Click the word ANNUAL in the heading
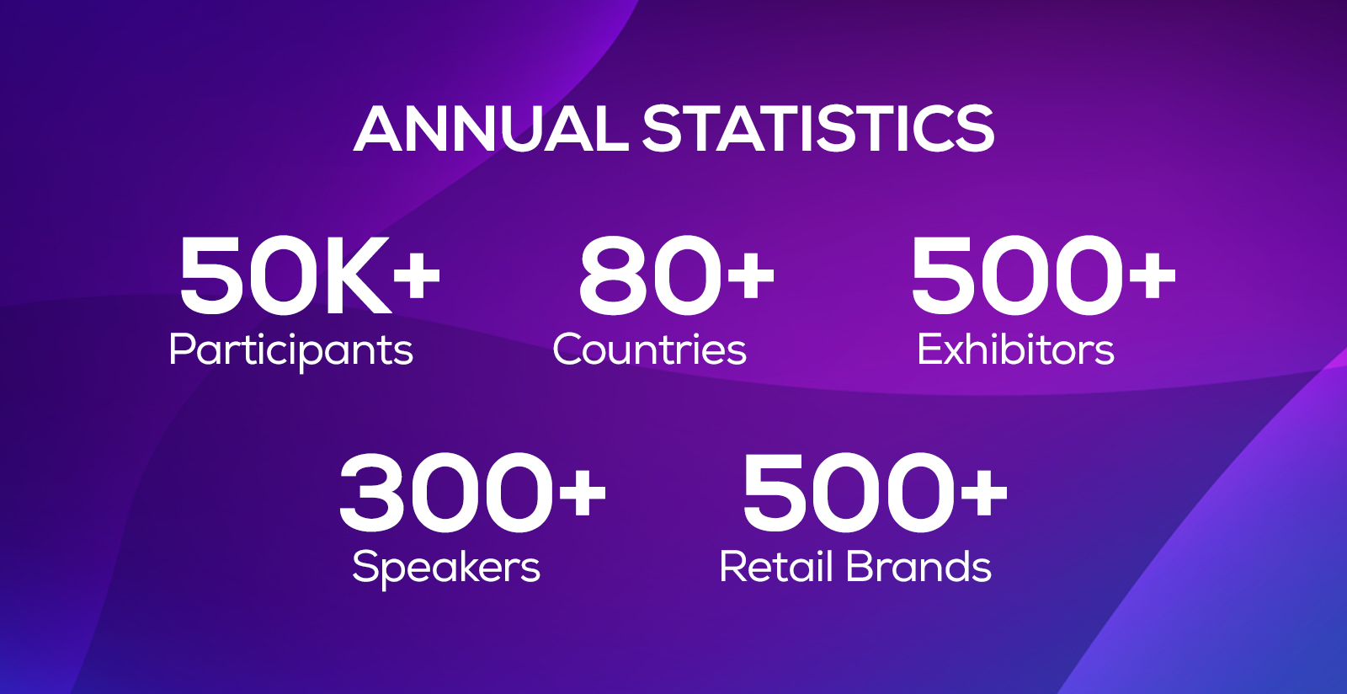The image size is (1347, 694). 491,129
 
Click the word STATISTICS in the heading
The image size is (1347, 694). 818,129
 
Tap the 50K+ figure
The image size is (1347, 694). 311,275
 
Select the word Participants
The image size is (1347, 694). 291,350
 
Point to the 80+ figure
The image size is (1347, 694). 677,275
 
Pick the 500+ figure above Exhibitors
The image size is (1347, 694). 1043,275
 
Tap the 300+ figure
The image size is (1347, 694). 472,494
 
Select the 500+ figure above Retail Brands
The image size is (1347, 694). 875,494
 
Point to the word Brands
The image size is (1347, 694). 918,566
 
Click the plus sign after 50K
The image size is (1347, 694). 417,275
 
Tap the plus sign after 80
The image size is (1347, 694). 750,275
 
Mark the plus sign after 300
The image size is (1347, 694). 582,494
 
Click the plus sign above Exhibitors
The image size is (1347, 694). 1152,275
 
